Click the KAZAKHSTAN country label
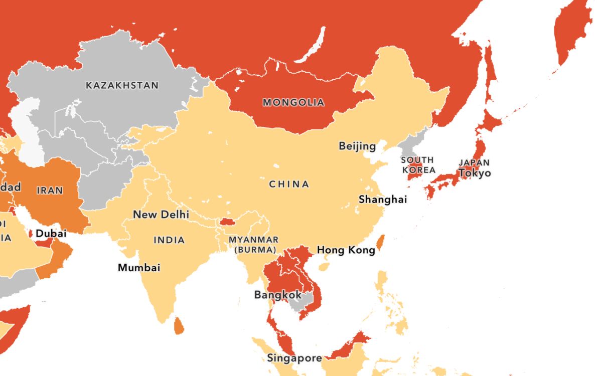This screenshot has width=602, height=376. click(x=122, y=85)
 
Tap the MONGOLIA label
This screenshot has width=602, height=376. click(x=293, y=103)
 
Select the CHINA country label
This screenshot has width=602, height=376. click(x=289, y=184)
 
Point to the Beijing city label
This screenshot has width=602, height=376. click(x=357, y=146)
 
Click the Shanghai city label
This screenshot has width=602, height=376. click(x=382, y=200)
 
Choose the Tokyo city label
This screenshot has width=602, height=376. click(x=475, y=173)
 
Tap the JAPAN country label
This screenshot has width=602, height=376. click(x=474, y=163)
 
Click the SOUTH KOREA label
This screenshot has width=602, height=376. click(x=417, y=165)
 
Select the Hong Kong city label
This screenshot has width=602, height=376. click(x=346, y=250)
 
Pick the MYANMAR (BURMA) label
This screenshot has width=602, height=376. click(x=253, y=245)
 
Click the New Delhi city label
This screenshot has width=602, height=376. click(x=161, y=215)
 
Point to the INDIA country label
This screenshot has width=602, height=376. click(x=169, y=240)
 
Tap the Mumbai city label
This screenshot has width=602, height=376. click(x=139, y=268)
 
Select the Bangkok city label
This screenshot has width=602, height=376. click(x=278, y=295)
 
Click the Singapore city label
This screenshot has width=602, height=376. click(x=294, y=358)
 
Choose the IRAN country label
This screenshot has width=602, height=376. click(x=50, y=191)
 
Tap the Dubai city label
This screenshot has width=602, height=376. click(x=51, y=233)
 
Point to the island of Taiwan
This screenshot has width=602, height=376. click(x=380, y=243)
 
